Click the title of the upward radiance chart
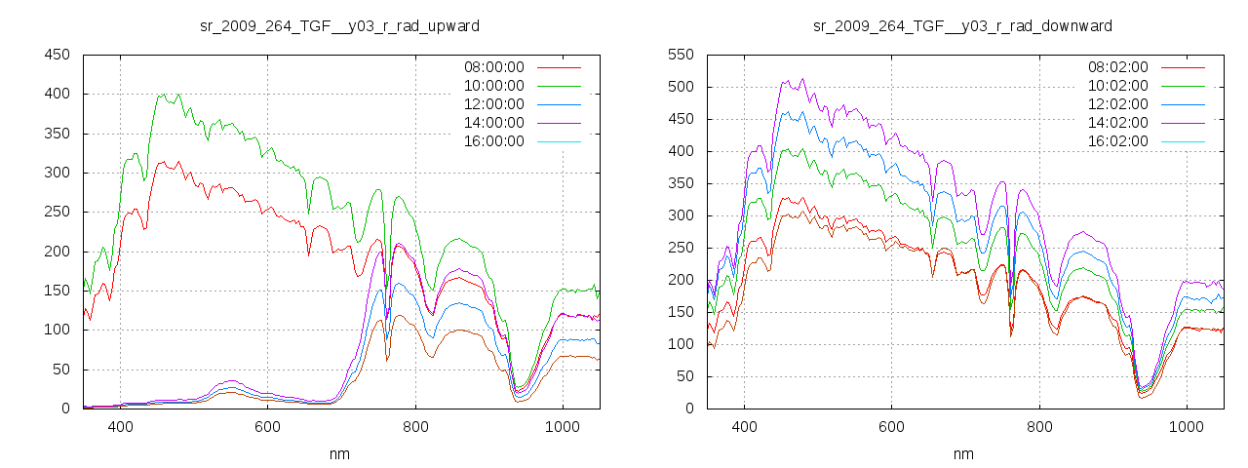(x=339, y=24)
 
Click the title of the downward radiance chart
(x=963, y=24)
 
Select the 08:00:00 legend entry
(x=493, y=67)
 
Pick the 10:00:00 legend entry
(x=493, y=86)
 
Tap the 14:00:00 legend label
(x=493, y=123)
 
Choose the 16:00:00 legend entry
(x=493, y=141)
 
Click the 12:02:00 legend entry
(x=1117, y=104)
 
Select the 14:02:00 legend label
(x=1117, y=123)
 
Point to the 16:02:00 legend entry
(x=1117, y=141)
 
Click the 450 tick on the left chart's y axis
(x=57, y=55)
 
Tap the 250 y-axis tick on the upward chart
(x=57, y=212)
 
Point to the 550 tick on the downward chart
(x=681, y=55)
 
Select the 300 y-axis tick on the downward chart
(x=681, y=215)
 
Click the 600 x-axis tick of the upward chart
(x=267, y=427)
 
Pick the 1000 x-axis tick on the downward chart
(x=1187, y=427)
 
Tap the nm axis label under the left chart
(x=339, y=453)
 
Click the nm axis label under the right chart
(x=963, y=453)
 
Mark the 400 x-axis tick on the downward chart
(x=744, y=427)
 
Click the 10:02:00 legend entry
(x=1117, y=86)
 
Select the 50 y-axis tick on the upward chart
(x=60, y=370)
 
